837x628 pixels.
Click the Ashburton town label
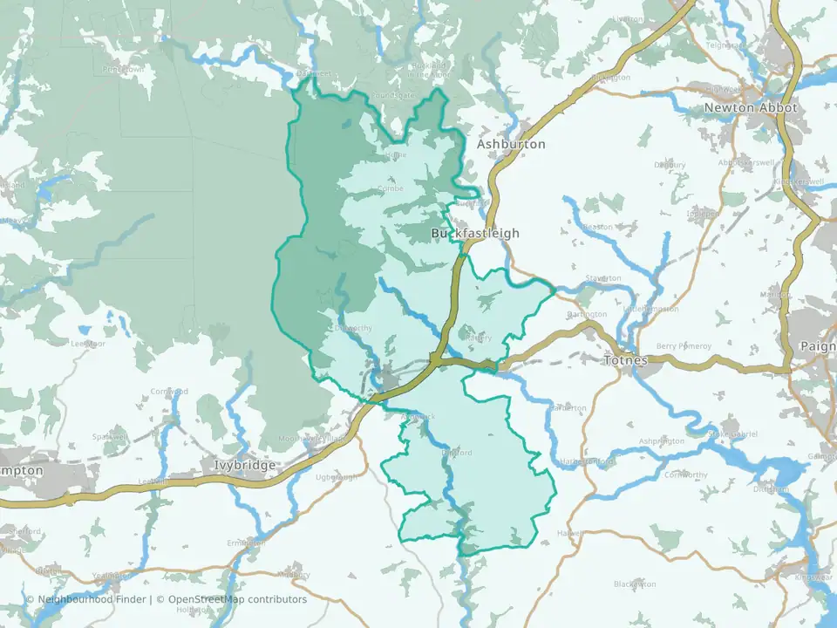click(x=511, y=144)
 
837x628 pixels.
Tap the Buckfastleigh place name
click(x=475, y=234)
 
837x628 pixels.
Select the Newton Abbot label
click(x=741, y=108)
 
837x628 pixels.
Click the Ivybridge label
click(x=245, y=466)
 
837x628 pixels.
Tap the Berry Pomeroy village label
click(x=684, y=345)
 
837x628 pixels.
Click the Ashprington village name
click(x=662, y=441)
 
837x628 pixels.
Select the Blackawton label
click(x=634, y=584)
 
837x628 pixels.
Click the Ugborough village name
click(x=337, y=477)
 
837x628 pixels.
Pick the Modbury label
click(x=293, y=576)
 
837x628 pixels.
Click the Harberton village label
click(x=568, y=408)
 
